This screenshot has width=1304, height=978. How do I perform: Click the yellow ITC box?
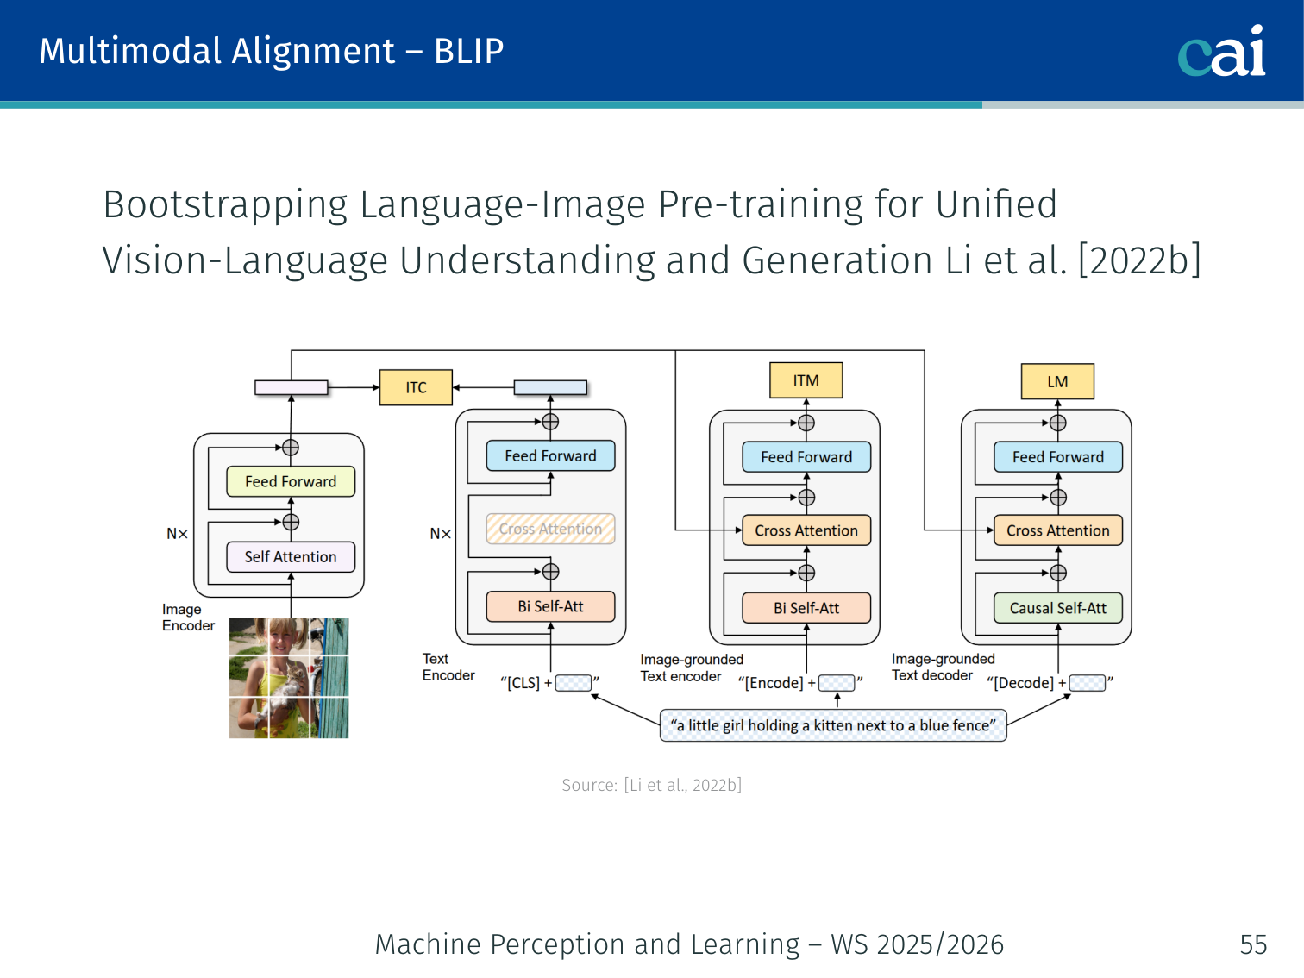tap(416, 387)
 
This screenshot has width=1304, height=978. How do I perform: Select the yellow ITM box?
tap(806, 380)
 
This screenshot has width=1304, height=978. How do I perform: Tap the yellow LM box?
tap(1057, 381)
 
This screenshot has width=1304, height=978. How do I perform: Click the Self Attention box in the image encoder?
tap(291, 557)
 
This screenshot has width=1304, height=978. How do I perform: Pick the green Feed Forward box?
tap(291, 481)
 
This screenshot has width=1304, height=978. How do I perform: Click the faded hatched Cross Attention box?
tap(550, 529)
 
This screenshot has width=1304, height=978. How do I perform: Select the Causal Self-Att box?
tap(1057, 608)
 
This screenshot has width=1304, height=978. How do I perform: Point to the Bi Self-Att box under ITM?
tap(806, 608)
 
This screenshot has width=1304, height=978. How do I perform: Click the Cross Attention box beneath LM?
tap(1057, 530)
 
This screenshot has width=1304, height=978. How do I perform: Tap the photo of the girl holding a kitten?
tap(289, 678)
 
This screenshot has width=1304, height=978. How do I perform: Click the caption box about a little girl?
tap(833, 725)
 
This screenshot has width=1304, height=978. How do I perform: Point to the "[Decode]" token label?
tap(1023, 683)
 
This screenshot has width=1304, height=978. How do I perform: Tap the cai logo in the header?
tap(1221, 52)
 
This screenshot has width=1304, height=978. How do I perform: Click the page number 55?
tap(1253, 944)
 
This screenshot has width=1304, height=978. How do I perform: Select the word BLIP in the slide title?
tap(468, 51)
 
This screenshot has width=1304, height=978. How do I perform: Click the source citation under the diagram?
tap(651, 785)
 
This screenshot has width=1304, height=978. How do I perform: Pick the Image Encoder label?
tap(187, 618)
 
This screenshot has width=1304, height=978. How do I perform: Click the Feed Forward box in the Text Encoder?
tap(550, 455)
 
